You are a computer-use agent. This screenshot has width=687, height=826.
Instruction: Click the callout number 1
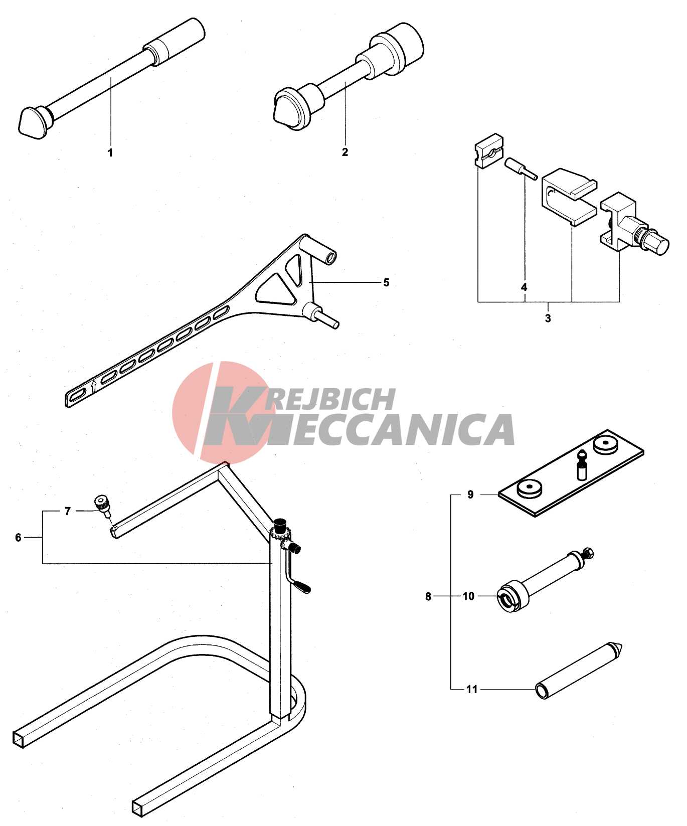[110, 152]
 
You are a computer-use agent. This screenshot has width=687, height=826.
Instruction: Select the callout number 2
[345, 152]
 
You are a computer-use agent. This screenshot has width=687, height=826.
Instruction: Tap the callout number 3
[548, 318]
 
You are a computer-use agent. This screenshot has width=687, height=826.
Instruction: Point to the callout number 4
[524, 287]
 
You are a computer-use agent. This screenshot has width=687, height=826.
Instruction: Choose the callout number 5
[386, 282]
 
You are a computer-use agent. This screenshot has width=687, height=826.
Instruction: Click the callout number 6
[19, 538]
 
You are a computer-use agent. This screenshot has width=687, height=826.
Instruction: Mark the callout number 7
[68, 511]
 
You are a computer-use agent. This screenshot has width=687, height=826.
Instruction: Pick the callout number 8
[428, 596]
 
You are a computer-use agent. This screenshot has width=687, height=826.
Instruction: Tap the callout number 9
[470, 494]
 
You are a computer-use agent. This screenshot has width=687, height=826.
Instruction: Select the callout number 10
[468, 596]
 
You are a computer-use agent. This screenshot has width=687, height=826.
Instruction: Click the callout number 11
[472, 689]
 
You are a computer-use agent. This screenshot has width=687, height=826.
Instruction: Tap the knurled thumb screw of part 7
[102, 503]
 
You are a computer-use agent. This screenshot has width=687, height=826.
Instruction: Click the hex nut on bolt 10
[588, 553]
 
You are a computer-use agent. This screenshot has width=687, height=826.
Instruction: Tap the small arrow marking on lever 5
[94, 386]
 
